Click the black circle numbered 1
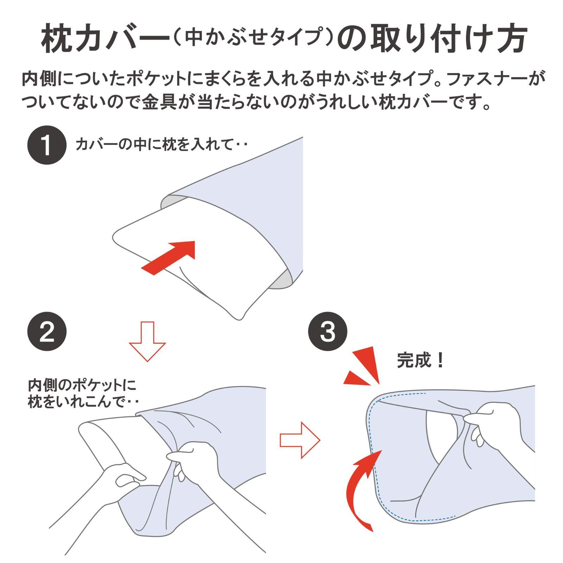click(x=47, y=145)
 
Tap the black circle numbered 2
click(x=47, y=331)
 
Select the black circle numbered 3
click(x=328, y=331)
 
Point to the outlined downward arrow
click(x=147, y=341)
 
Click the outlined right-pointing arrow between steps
click(x=300, y=440)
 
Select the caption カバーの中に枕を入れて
click(x=154, y=144)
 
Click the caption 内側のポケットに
click(x=82, y=385)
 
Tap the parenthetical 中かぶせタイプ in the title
click(x=254, y=37)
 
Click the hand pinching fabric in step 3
click(x=493, y=427)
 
